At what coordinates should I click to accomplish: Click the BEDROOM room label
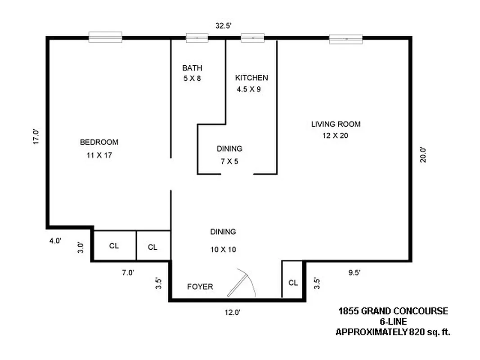99,142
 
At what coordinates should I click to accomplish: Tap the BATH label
192,68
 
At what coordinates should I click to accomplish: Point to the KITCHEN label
251,78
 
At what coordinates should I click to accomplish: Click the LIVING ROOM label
336,124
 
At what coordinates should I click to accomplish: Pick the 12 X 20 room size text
336,136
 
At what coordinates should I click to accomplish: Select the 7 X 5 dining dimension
229,161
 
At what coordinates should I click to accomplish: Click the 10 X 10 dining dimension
223,249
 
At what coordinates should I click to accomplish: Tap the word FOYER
200,287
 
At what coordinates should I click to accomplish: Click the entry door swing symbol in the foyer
241,283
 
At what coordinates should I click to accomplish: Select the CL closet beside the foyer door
293,283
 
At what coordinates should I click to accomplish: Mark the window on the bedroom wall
105,37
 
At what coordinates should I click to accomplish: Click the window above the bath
197,38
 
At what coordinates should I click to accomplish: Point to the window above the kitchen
252,38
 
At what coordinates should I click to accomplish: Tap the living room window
346,39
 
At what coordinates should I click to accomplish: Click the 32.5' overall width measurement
223,26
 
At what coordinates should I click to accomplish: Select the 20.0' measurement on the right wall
422,155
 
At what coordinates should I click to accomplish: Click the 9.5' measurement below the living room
354,272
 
